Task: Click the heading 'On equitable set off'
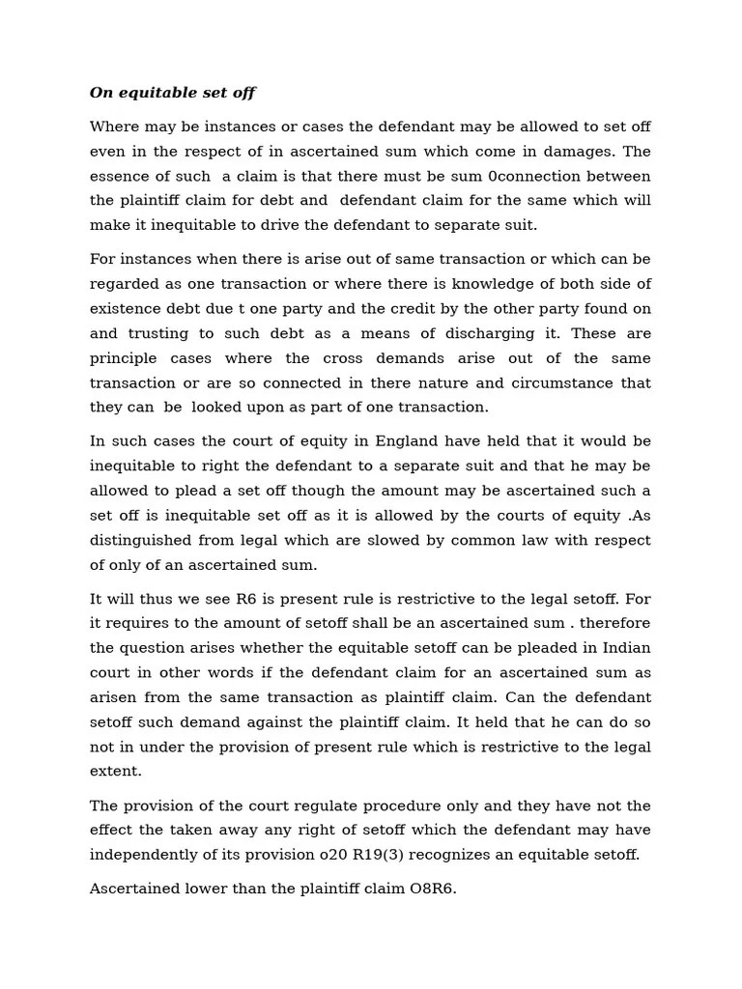pyautogui.click(x=172, y=94)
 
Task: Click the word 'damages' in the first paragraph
pyautogui.click(x=585, y=152)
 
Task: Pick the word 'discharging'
pyautogui.click(x=491, y=333)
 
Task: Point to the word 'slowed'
pyautogui.click(x=366, y=540)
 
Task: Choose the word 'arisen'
pyautogui.click(x=114, y=697)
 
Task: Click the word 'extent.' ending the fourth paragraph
pyautogui.click(x=116, y=771)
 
